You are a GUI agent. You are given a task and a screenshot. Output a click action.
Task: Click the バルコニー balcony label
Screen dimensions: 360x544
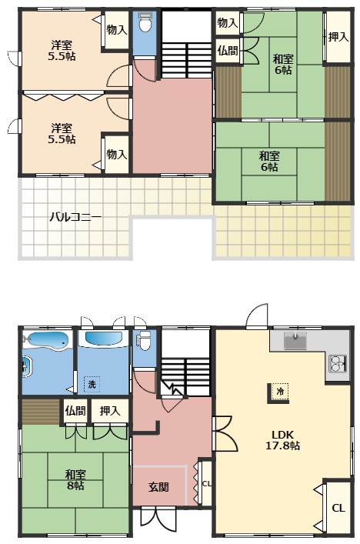click(x=75, y=217)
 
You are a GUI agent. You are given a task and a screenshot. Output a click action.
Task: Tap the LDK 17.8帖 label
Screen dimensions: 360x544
click(x=282, y=440)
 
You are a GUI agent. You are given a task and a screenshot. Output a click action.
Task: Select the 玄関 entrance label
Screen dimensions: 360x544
click(x=158, y=487)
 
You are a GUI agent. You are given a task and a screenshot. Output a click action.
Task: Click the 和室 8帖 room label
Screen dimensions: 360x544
click(x=75, y=479)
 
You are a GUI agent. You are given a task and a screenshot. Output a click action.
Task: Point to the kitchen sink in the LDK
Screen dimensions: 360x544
click(x=295, y=341)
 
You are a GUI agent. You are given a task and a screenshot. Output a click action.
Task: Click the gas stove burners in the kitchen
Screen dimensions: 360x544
click(x=338, y=364)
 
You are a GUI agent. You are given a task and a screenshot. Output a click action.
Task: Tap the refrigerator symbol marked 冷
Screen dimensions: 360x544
click(x=280, y=392)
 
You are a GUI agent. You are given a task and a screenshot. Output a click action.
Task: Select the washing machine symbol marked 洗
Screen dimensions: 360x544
click(x=92, y=384)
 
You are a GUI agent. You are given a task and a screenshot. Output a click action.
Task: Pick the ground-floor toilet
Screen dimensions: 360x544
click(x=145, y=341)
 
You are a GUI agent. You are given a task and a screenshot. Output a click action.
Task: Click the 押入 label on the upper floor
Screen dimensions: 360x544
click(x=338, y=37)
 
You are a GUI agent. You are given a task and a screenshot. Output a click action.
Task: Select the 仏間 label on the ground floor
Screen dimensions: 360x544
click(x=75, y=411)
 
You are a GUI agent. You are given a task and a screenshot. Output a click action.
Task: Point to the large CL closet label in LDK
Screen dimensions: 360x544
click(x=338, y=509)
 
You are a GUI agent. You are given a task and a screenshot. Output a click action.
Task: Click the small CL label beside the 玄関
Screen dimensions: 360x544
click(x=207, y=483)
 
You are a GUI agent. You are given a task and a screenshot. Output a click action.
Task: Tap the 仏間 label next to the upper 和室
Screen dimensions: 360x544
click(x=228, y=51)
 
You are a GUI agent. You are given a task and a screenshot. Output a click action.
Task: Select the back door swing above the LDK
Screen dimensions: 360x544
click(x=257, y=315)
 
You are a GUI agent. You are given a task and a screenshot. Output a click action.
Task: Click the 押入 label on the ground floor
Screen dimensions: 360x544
click(x=109, y=411)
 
